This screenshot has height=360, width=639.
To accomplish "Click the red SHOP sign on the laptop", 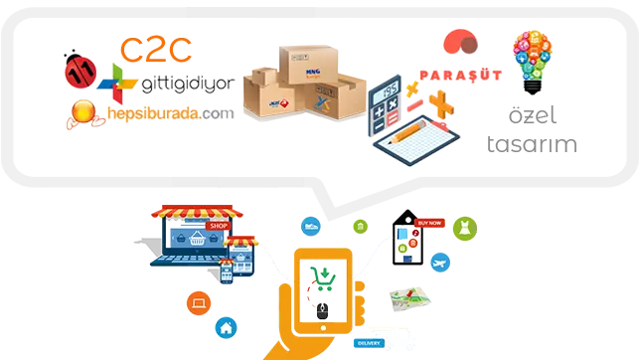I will point(218,228).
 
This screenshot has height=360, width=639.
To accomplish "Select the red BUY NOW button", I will point(430,223).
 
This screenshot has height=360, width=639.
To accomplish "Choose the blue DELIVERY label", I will point(364,345).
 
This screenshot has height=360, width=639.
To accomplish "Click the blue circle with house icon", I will point(226,327).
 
